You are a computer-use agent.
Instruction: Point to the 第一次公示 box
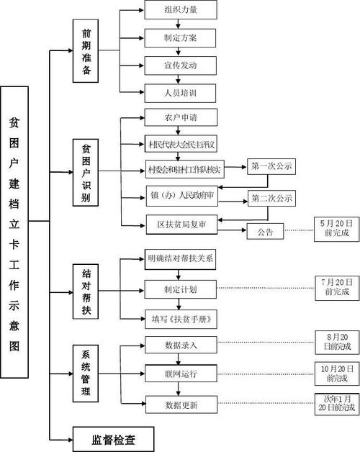(272, 167)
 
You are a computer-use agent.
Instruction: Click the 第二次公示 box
(272, 197)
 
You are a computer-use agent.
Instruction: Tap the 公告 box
(264, 232)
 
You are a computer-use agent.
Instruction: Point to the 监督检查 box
(114, 438)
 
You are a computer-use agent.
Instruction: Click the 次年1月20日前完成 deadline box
(336, 403)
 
